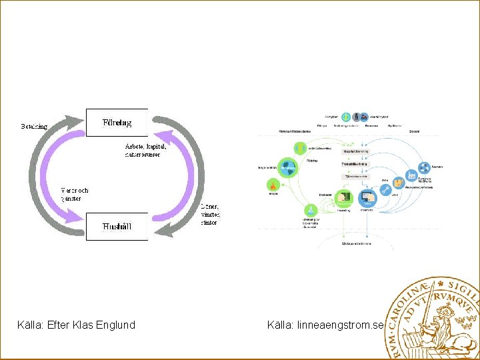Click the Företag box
coord(117,122)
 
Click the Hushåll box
coord(117,226)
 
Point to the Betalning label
coord(35,125)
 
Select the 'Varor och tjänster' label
coord(74,194)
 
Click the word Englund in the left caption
coord(115,325)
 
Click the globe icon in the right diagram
coord(288,167)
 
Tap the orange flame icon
coord(272,185)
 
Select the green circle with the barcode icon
coord(344,197)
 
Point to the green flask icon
coord(309,210)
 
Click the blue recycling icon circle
coord(423,168)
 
